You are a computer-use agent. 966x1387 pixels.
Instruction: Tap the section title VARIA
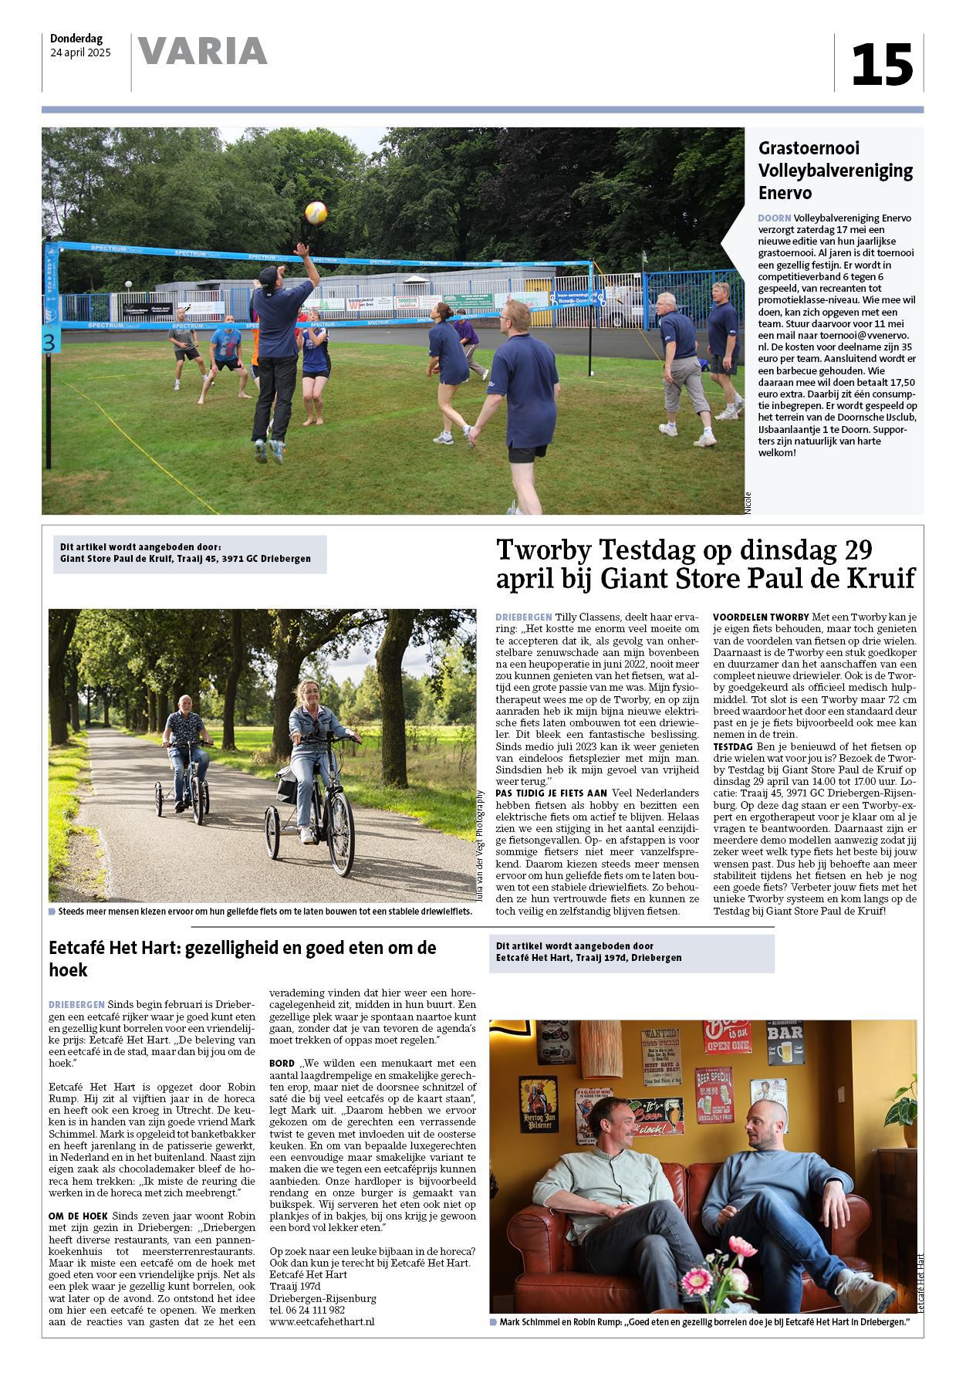203,52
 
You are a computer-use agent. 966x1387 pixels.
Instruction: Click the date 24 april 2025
80,53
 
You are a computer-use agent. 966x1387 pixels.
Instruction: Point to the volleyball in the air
316,211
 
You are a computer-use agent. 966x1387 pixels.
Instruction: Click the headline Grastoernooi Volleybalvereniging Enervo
835,170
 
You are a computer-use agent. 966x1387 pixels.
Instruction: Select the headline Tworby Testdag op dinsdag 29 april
705,563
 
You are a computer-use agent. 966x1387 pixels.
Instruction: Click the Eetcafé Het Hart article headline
242,958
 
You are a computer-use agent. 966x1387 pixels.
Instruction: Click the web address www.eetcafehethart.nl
322,1321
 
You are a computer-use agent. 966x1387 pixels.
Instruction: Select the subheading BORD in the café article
282,1064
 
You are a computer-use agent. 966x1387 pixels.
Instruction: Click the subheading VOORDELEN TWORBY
760,617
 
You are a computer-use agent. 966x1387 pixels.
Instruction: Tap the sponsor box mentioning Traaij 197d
631,952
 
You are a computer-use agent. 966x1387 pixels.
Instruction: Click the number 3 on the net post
49,343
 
